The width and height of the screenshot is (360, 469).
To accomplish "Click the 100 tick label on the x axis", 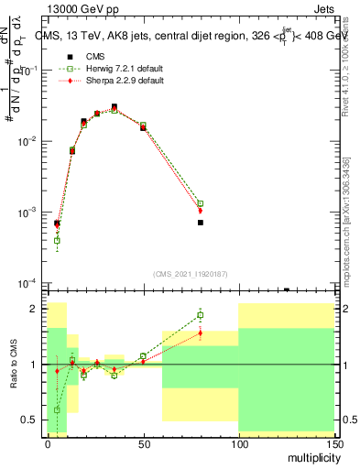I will click(x=238, y=442).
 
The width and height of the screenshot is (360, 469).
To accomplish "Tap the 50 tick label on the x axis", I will click(x=143, y=442).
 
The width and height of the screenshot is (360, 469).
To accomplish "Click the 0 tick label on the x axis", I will click(x=48, y=442).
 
